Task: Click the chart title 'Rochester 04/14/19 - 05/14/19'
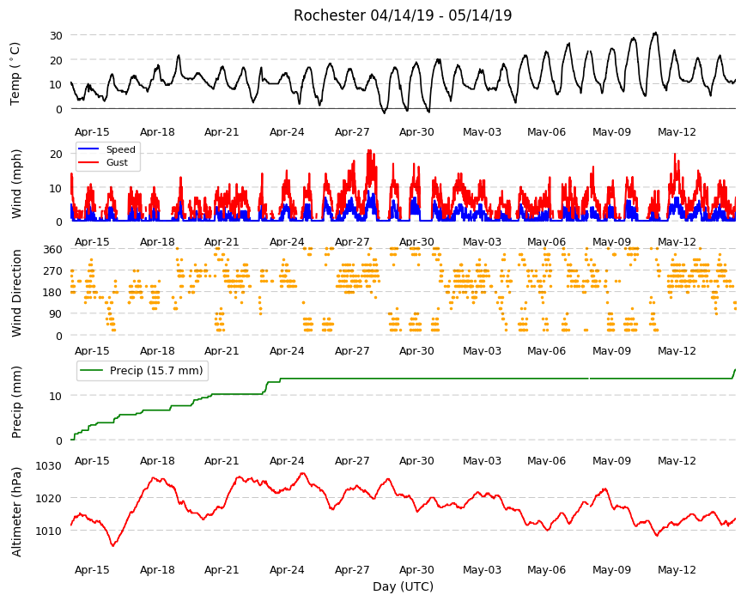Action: coord(403,15)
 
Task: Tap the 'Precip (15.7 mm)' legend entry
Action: coord(142,371)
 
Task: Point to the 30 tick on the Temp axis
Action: coord(56,35)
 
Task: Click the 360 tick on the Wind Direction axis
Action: coord(53,250)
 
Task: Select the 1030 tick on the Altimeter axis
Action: coord(49,465)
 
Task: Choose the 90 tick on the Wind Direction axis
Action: coord(56,314)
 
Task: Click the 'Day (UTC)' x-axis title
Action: coord(403,586)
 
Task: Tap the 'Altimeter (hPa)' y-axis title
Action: coord(16,512)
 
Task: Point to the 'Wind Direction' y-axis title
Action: coord(16,293)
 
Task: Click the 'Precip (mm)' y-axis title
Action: coord(16,403)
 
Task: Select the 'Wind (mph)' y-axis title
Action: coord(16,184)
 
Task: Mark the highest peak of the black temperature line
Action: coord(655,33)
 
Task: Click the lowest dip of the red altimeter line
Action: coord(112,546)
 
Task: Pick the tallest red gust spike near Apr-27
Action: coord(369,150)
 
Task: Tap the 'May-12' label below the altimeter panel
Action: coord(677,570)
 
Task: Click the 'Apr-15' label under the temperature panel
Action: coord(92,132)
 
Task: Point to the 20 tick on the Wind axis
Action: coord(56,154)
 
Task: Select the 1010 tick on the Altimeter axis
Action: coord(49,531)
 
